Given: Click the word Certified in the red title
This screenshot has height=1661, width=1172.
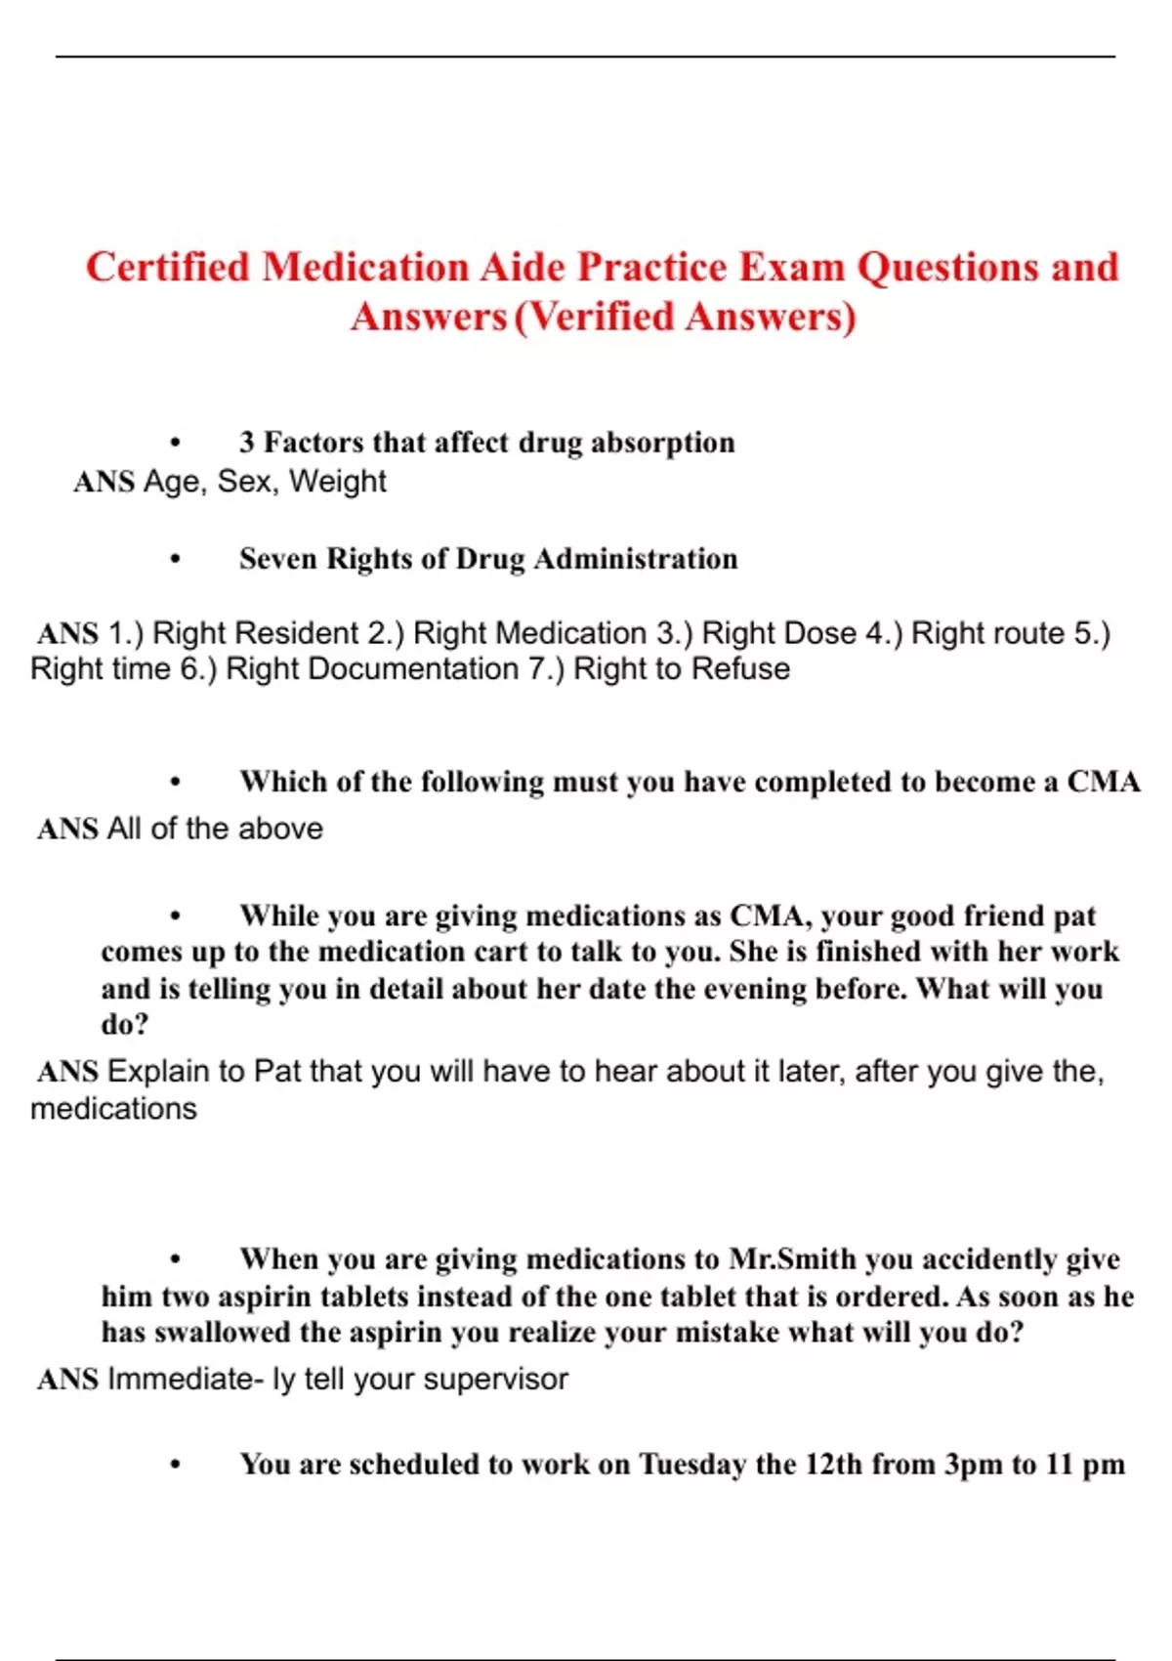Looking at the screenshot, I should (x=167, y=268).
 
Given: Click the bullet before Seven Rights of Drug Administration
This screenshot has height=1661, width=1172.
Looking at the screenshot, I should (x=176, y=560).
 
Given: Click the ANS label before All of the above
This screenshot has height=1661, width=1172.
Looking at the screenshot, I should (x=67, y=830).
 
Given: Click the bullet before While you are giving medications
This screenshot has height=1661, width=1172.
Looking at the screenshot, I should (x=176, y=916).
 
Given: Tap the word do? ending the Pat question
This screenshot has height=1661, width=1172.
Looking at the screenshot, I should (x=125, y=1024).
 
